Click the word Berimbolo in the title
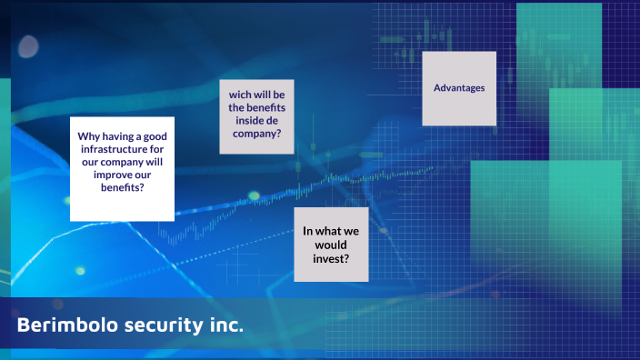pyautogui.click(x=58, y=325)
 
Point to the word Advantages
pyautogui.click(x=459, y=88)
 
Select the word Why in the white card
pyautogui.click(x=88, y=136)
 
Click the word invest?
pyautogui.click(x=331, y=257)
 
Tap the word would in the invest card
pyautogui.click(x=331, y=245)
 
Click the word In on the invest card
pyautogui.click(x=308, y=231)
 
